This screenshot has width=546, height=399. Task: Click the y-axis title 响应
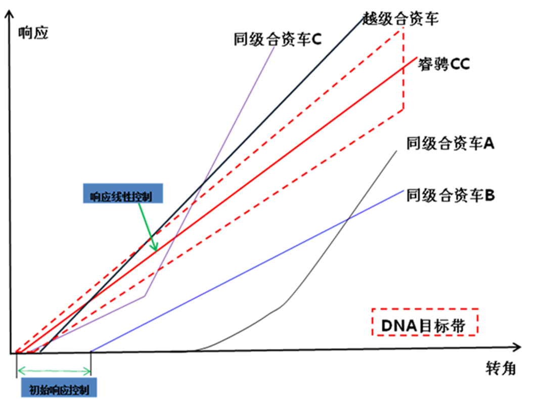coord(33,33)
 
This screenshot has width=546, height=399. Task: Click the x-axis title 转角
coord(500,368)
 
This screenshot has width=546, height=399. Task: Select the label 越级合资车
coord(400,18)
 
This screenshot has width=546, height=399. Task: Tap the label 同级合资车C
coord(278,39)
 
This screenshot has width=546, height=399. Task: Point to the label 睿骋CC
coord(444,64)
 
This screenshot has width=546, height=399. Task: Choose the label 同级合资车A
coord(450,143)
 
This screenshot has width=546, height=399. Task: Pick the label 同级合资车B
coord(450,195)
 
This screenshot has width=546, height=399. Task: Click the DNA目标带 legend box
coord(425,322)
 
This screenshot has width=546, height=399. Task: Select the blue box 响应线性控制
coord(123,193)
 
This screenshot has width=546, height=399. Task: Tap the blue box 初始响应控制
coord(59,387)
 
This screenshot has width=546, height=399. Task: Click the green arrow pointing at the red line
coord(148,227)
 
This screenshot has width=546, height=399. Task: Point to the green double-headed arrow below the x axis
coord(54,371)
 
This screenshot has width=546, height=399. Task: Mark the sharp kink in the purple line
coord(145,296)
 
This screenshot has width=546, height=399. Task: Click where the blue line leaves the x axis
coord(91,351)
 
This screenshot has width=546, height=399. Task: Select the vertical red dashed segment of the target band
coord(403,69)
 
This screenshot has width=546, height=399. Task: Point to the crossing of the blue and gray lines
coord(348,219)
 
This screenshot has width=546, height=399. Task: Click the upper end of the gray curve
coord(397,151)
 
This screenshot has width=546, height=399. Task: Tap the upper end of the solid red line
coord(417,57)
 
